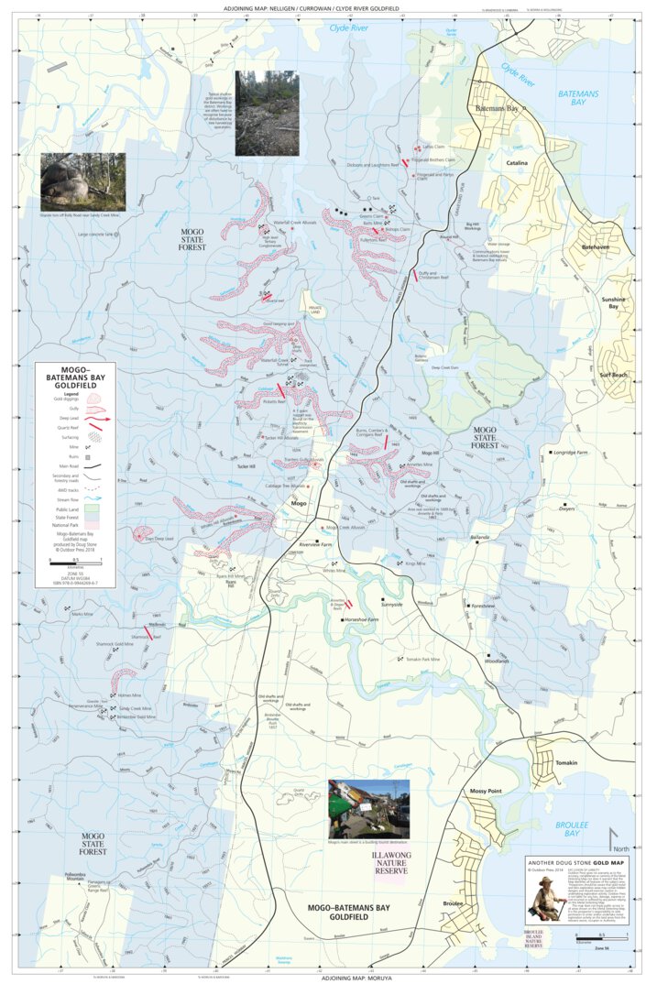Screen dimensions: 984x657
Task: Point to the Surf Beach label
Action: click(613, 375)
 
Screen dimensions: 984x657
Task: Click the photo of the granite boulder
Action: click(83, 181)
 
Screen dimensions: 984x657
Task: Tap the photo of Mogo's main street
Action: click(368, 808)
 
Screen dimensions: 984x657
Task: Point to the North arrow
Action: click(614, 837)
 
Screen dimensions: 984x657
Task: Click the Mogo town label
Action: click(298, 504)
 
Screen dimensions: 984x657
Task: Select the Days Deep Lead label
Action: click(162, 539)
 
